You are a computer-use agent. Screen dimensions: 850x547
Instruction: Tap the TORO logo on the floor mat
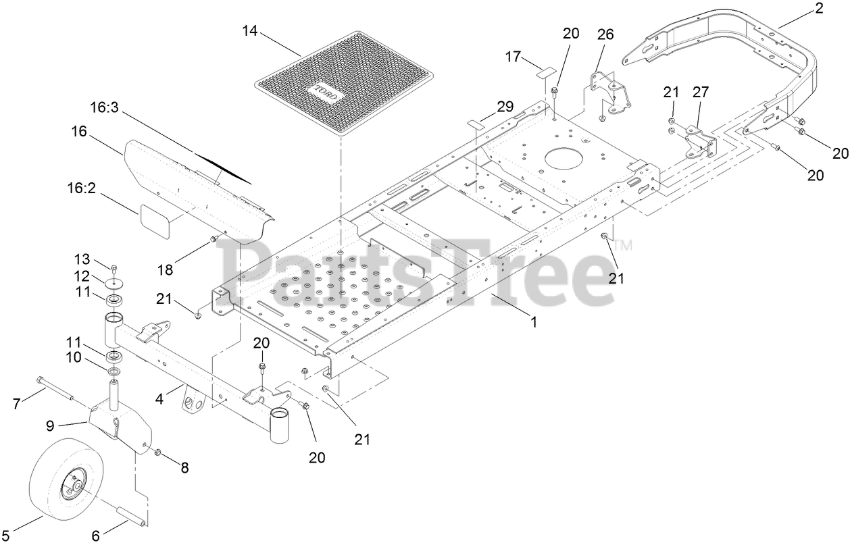coord(327,92)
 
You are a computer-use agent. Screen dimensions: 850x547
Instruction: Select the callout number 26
coord(605,34)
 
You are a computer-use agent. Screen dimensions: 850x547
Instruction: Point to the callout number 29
coord(505,106)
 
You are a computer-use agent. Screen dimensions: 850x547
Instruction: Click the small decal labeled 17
coord(545,71)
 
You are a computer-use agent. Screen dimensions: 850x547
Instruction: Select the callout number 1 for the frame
coord(534,322)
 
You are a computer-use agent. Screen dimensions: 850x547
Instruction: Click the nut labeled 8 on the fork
coord(157,452)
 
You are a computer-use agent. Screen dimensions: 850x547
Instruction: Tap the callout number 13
coord(82,259)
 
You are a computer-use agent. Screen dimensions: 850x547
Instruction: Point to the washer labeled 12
coord(116,280)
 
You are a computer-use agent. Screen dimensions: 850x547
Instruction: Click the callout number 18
coord(165,269)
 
